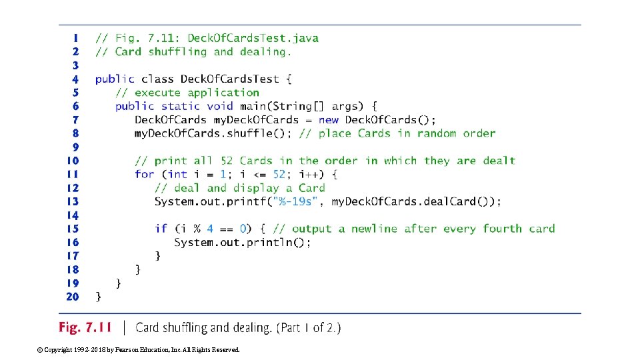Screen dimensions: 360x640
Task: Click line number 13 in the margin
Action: (x=72, y=201)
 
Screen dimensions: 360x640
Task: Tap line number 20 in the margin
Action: (x=72, y=297)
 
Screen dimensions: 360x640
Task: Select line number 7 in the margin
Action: (x=75, y=120)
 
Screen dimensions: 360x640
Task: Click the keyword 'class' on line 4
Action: (x=157, y=79)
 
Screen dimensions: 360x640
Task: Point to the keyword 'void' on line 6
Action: (x=220, y=106)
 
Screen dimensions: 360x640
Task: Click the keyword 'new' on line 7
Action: (x=329, y=120)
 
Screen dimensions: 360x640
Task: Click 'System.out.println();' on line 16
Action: (x=243, y=243)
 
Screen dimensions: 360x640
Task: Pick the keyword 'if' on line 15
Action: (x=161, y=229)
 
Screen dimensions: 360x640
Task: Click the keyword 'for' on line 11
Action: (x=144, y=174)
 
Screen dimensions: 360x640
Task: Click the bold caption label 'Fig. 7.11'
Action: (x=85, y=327)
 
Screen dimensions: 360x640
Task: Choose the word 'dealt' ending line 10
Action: (x=499, y=161)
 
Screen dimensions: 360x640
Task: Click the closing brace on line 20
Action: (x=99, y=297)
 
